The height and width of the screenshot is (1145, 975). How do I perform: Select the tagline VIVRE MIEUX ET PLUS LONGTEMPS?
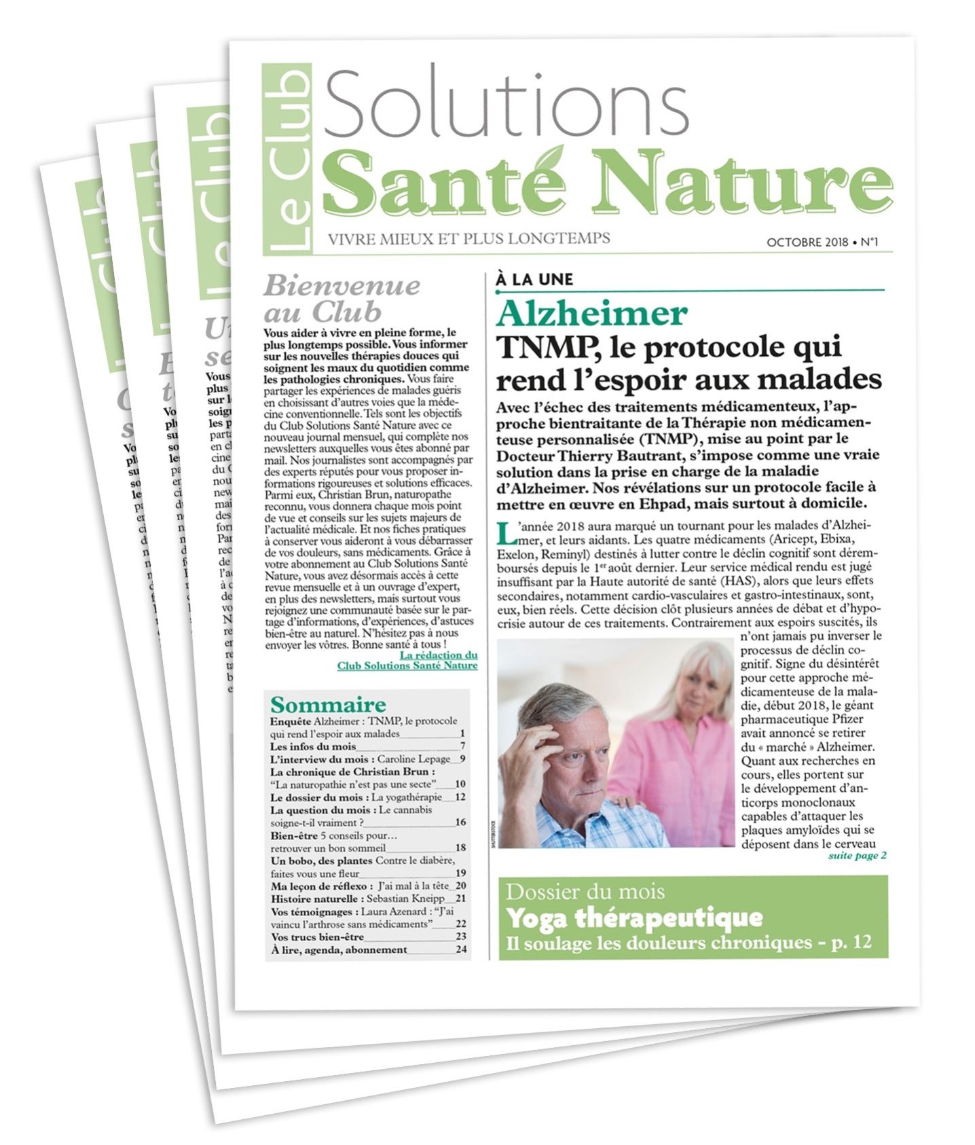click(468, 238)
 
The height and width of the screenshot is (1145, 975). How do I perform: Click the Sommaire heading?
click(327, 704)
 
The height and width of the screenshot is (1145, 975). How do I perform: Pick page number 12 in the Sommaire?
click(460, 797)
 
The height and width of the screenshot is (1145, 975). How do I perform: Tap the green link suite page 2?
click(857, 856)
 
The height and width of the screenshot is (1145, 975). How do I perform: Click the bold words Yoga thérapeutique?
click(634, 918)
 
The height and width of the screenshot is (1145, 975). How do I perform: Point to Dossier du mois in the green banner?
click(585, 892)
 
